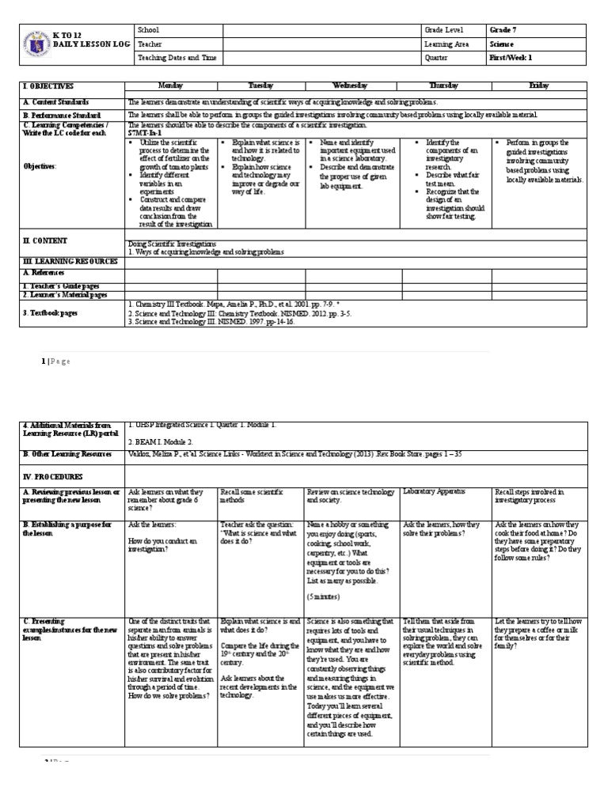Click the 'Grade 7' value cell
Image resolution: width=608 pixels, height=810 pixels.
503,30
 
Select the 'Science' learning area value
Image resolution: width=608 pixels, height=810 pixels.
501,44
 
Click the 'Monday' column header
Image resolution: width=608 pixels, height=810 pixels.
171,85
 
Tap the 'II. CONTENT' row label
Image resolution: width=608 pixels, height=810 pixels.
45,240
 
